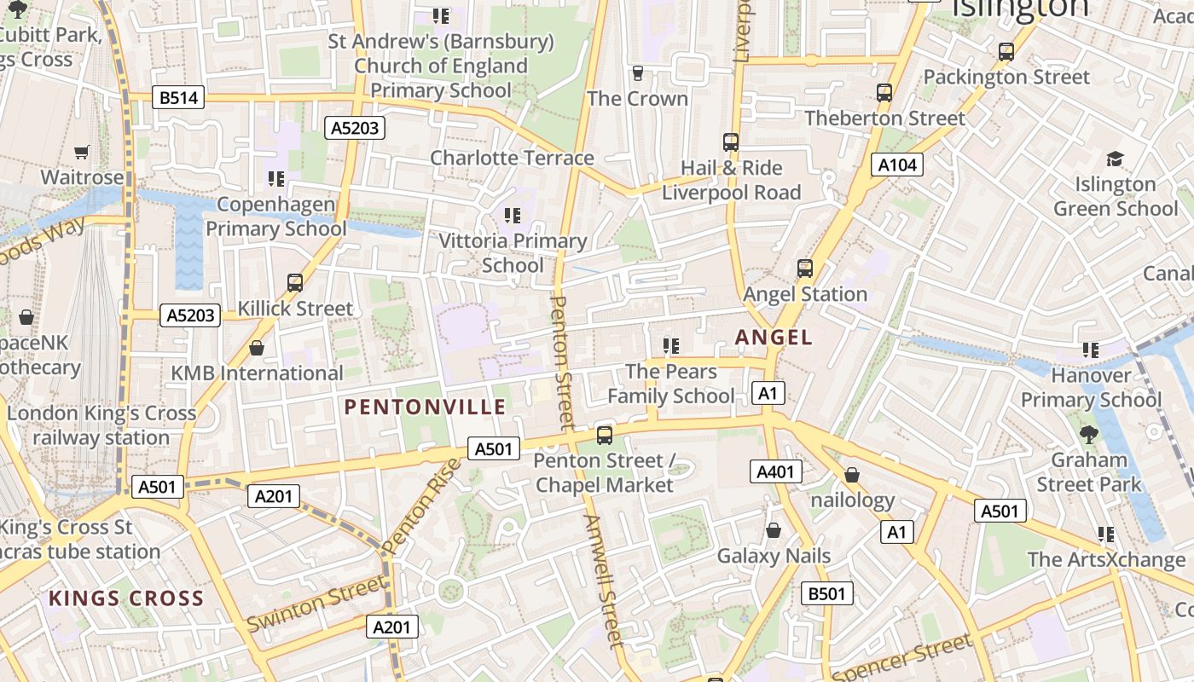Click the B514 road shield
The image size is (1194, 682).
(x=178, y=97)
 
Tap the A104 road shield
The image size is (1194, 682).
(x=897, y=165)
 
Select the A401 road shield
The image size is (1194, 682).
(x=776, y=471)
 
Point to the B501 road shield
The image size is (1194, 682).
(x=826, y=593)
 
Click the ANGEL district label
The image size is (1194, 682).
(x=774, y=338)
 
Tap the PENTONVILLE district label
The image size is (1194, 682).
(x=426, y=407)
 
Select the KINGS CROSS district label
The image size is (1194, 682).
(x=126, y=598)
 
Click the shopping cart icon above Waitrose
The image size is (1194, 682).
(x=82, y=152)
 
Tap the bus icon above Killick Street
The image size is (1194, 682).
(x=295, y=282)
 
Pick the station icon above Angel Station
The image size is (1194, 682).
(x=804, y=269)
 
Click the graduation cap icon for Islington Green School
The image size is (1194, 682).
(x=1115, y=159)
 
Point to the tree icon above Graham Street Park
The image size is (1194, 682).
(x=1088, y=434)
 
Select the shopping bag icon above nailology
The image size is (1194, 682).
(x=851, y=475)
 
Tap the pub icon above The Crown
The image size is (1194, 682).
(x=637, y=73)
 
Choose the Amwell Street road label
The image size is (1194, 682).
(x=604, y=580)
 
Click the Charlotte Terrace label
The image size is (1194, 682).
(x=512, y=158)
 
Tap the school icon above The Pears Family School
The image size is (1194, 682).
(x=671, y=345)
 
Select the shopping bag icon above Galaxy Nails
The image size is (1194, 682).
(x=774, y=530)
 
